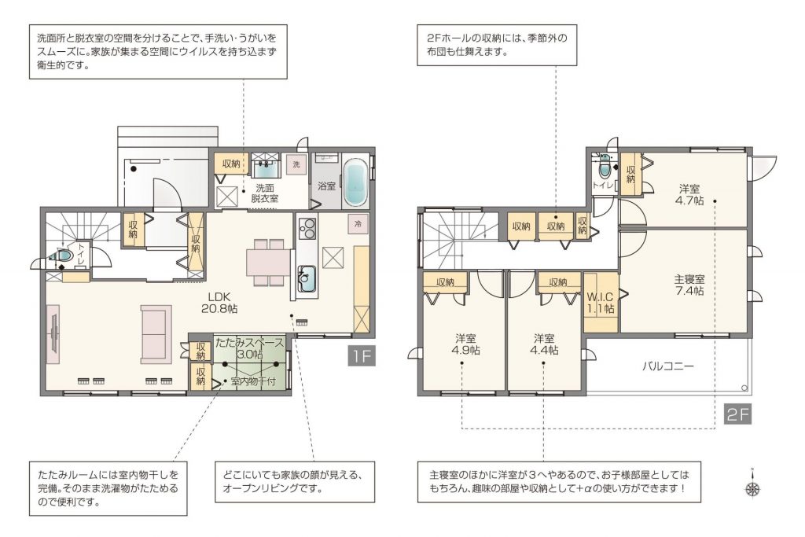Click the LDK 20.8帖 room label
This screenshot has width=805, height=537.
tap(222, 303)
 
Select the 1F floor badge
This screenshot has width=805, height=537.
tap(362, 355)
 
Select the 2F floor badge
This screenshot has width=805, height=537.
tap(738, 414)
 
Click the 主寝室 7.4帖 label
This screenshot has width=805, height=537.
tap(689, 285)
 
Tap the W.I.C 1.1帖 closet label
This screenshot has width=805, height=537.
tap(600, 303)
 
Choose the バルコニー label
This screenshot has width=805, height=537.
tap(668, 366)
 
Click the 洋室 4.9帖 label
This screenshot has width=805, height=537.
tap(465, 344)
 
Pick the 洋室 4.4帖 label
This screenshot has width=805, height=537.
tap(544, 344)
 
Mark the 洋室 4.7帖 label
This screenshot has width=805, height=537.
tap(689, 194)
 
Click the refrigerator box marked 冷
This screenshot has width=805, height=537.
tap(358, 224)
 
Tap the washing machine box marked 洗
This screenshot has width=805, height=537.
tap(296, 164)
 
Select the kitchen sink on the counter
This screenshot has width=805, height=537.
tap(307, 279)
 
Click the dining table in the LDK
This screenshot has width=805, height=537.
tap(269, 263)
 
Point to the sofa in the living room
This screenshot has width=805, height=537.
tap(156, 335)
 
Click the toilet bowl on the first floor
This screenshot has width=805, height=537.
tap(63, 256)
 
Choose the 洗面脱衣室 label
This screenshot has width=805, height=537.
tap(264, 193)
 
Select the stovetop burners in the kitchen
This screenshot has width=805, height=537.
tap(307, 229)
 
